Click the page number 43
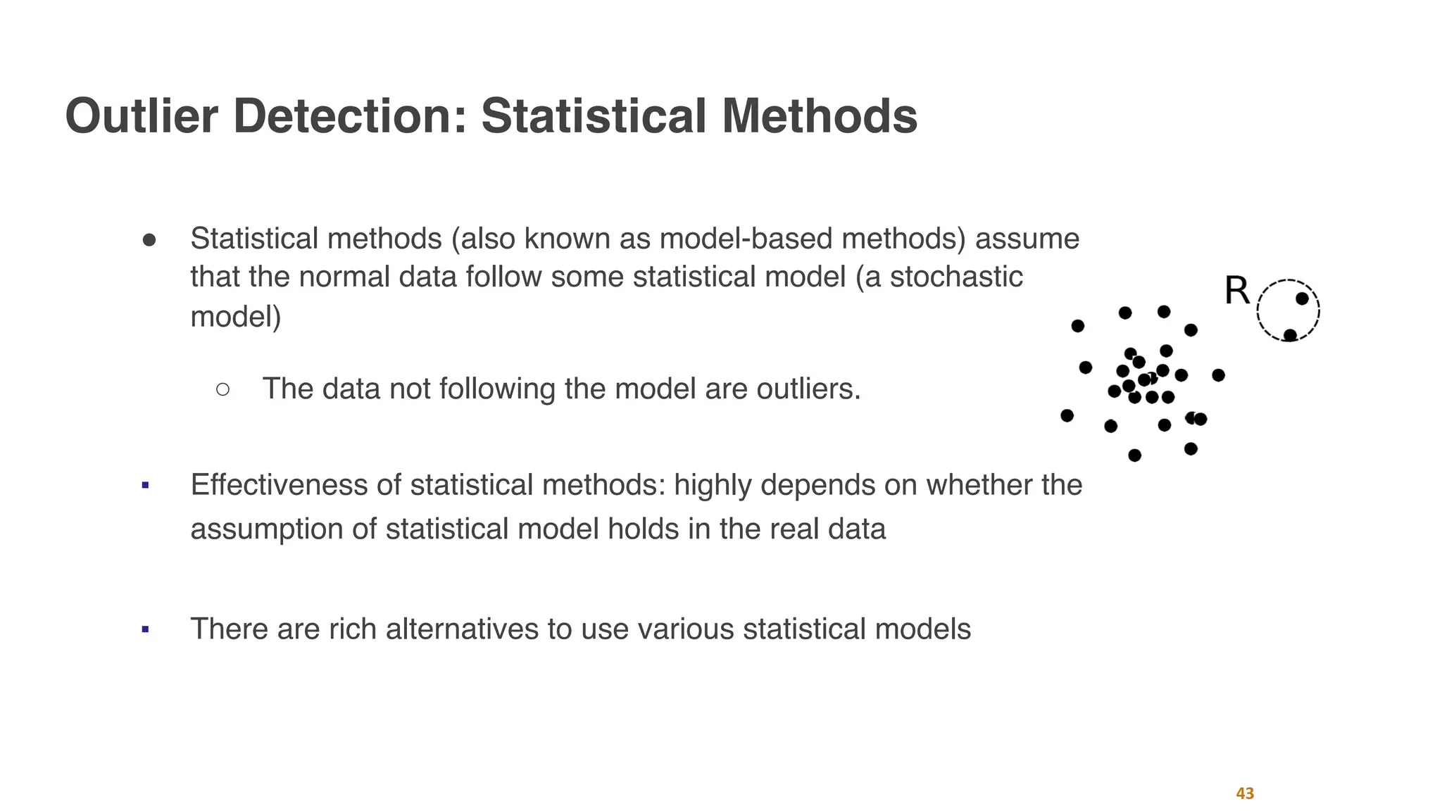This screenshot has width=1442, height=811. click(1245, 793)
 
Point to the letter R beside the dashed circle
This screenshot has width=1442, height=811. click(1237, 291)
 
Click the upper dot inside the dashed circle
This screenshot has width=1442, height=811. click(1302, 298)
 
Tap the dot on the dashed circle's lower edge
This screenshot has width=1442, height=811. click(1290, 335)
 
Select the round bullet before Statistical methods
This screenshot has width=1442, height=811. click(149, 240)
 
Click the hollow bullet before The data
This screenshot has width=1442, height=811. click(222, 389)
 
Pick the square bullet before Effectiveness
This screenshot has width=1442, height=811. click(145, 485)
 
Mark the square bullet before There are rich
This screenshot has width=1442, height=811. click(145, 629)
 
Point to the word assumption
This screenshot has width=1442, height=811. click(267, 529)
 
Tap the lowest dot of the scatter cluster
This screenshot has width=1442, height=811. click(1134, 455)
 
